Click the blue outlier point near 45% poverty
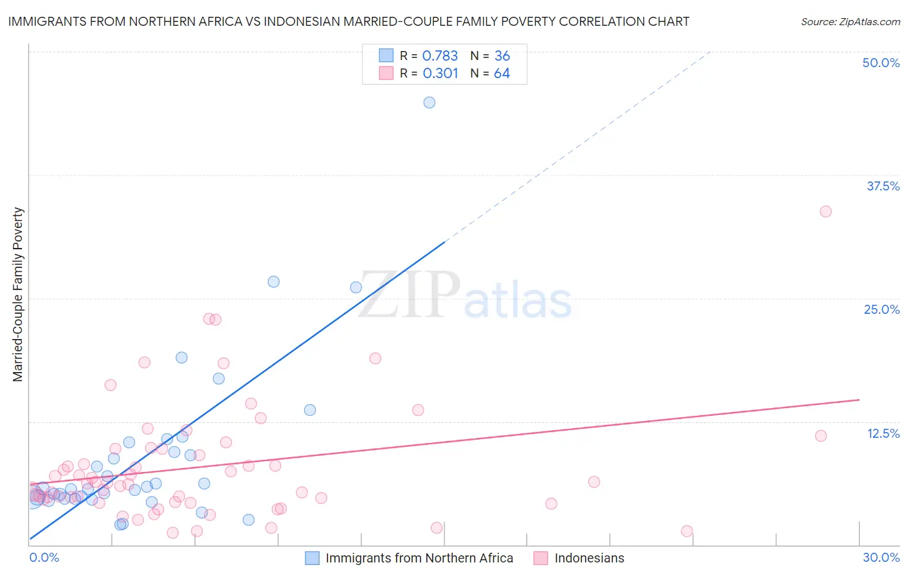coord(429,103)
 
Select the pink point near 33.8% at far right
coord(825,212)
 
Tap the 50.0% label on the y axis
coord(881,63)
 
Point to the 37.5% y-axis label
coord(883,186)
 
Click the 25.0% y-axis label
coord(882,309)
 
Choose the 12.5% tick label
coord(883,433)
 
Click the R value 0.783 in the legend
coord(440,56)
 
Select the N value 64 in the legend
coord(502,74)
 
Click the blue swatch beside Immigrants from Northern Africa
coord(313,559)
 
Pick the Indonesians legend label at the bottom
coord(589,559)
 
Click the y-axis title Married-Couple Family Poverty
coord(18,294)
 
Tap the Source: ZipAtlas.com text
coord(850,22)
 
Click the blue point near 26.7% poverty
coord(274,282)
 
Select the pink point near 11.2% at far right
coord(821,436)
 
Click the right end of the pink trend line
coord(859,400)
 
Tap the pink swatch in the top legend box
coord(386,74)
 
